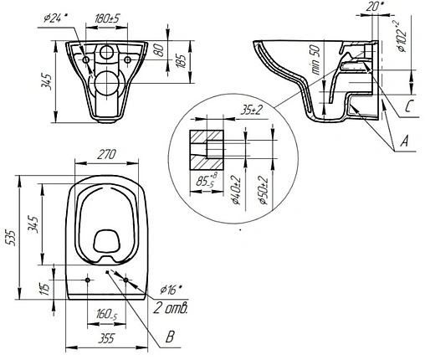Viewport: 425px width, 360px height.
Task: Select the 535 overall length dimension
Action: [10, 238]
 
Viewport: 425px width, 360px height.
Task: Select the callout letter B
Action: [170, 339]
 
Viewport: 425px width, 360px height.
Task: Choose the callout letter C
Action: [405, 105]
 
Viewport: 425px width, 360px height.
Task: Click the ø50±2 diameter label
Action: [264, 188]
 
